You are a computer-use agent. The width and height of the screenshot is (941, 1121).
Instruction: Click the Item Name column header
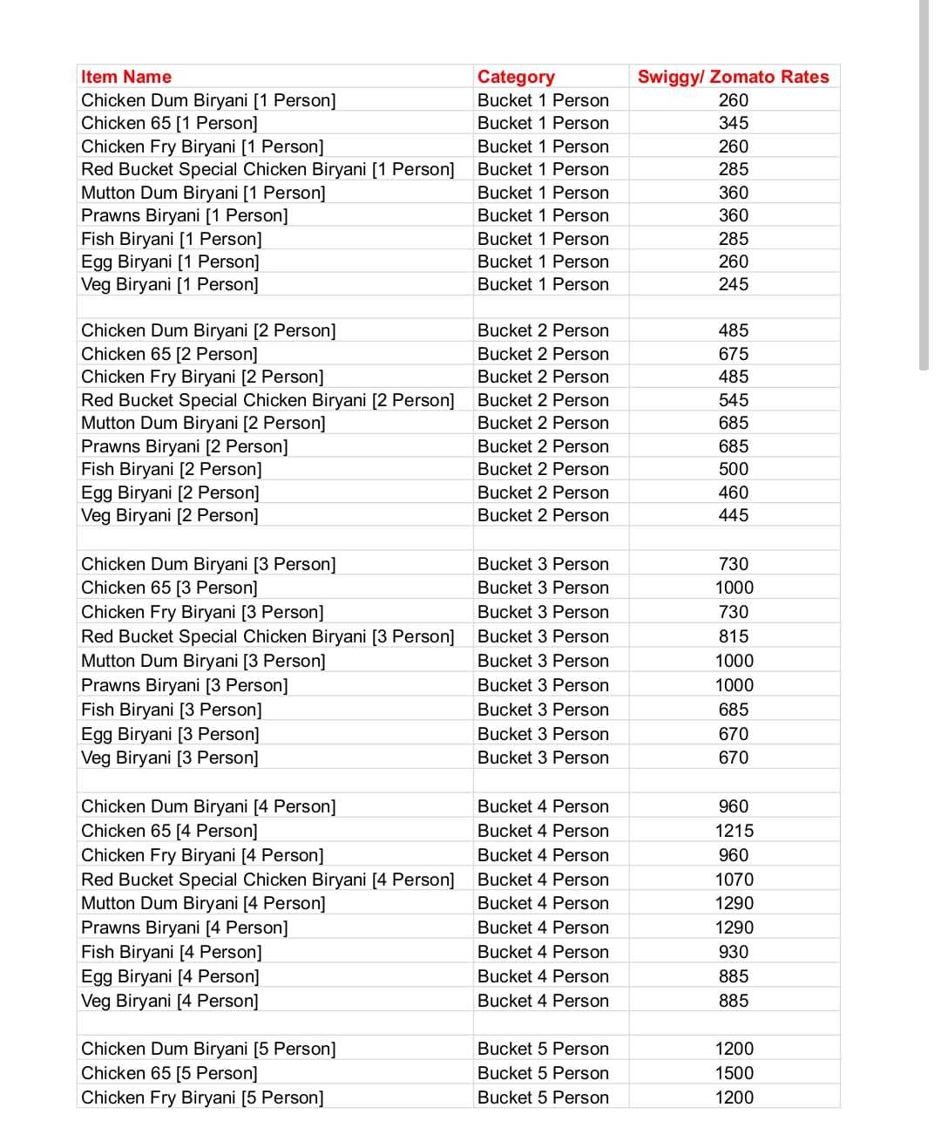tap(126, 77)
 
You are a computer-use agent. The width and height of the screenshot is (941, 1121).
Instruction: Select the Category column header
tap(516, 77)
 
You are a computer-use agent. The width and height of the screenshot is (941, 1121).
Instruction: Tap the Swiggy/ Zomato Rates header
tap(733, 77)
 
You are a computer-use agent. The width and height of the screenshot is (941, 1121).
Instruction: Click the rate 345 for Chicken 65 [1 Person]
tap(733, 123)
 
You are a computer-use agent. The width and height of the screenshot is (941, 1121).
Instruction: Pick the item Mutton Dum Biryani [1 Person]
tap(203, 193)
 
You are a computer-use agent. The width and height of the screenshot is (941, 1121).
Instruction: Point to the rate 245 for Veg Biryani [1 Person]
tap(733, 284)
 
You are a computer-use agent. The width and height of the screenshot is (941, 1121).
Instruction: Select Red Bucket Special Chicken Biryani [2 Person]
tap(267, 400)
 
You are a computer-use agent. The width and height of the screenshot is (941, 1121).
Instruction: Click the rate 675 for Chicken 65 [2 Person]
tap(733, 354)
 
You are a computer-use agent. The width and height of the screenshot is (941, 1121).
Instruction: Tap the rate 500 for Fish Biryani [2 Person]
tap(733, 469)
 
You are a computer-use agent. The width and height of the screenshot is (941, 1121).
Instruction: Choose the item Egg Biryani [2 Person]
tap(170, 493)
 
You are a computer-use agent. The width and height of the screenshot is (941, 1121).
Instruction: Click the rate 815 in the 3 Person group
tap(733, 636)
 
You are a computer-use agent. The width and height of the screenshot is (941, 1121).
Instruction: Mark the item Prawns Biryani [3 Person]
tap(184, 685)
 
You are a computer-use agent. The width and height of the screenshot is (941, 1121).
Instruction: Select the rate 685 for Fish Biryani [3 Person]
tap(733, 710)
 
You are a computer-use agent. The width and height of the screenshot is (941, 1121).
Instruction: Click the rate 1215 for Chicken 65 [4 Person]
tap(734, 831)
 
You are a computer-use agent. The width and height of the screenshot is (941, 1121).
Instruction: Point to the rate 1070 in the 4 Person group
tap(734, 880)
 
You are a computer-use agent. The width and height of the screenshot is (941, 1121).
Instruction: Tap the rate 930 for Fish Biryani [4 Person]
tap(733, 952)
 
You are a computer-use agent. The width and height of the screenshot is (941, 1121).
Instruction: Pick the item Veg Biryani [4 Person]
tap(170, 1001)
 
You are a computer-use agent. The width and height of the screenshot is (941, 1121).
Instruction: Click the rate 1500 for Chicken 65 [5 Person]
tap(734, 1073)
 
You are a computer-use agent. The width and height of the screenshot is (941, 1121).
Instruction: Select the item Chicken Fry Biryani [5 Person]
tap(202, 1097)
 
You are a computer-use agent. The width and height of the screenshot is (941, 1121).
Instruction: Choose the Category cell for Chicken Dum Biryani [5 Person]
tap(543, 1049)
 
